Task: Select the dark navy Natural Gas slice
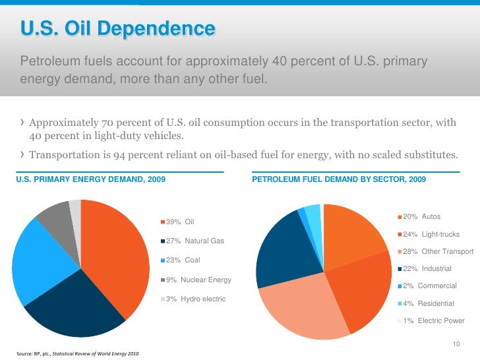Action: pos(76,306)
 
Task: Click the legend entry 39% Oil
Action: pos(177,222)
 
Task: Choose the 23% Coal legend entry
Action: pos(180,260)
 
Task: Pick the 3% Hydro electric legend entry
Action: pos(193,299)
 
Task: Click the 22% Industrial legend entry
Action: pos(425,268)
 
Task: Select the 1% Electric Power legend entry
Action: pos(431,320)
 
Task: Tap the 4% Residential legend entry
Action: pos(426,303)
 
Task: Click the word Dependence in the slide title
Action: pos(156,28)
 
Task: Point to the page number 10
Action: pos(456,344)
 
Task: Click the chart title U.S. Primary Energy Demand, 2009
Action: pos(90,179)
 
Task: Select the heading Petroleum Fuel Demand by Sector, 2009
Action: pos(339,179)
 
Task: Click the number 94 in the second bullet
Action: pos(119,155)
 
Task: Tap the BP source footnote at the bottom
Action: pos(77,353)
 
